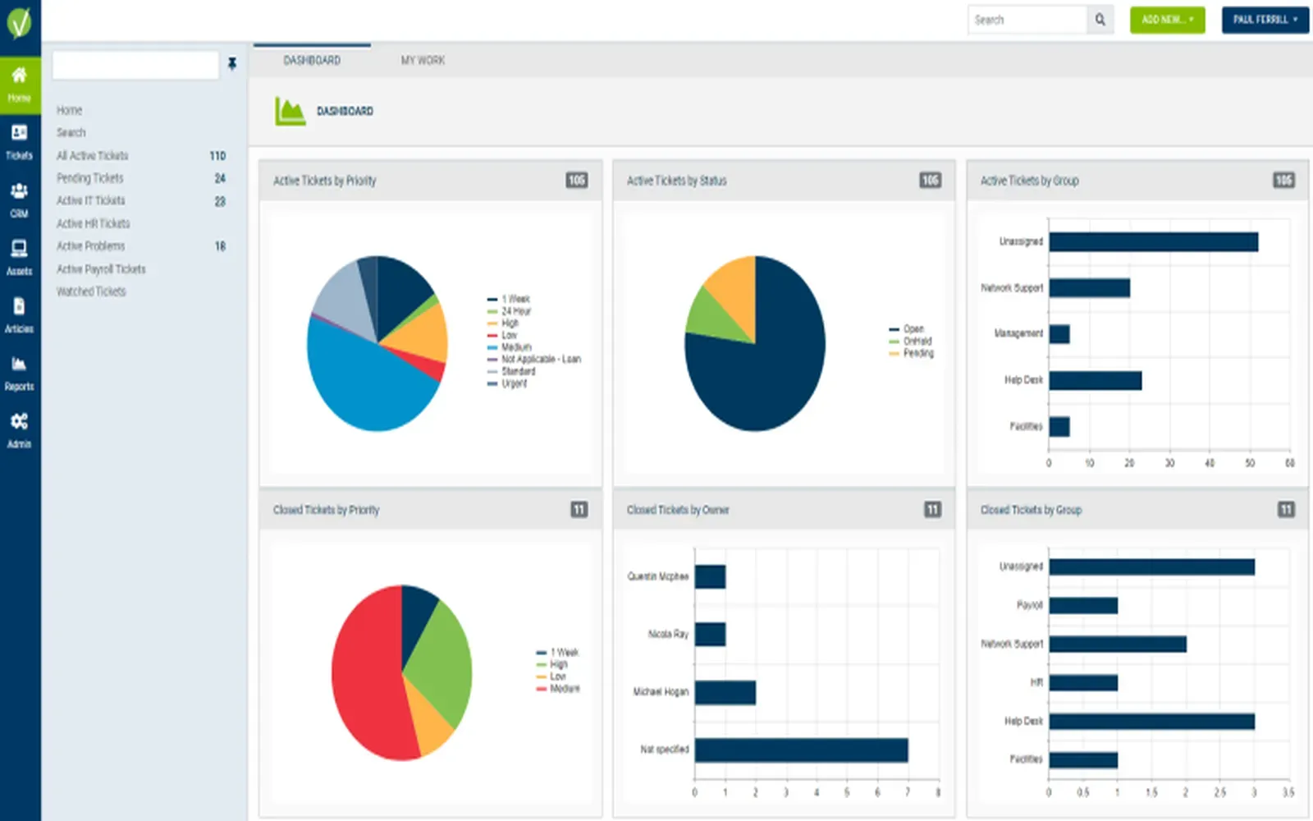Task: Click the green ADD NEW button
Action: coord(1166,20)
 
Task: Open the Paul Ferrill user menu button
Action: coord(1264,20)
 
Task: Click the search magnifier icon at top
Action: coord(1100,20)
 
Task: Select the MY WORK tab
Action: coord(423,60)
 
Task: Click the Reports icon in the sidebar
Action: coord(19,372)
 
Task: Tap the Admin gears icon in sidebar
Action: coord(19,429)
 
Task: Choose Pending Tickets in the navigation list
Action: coord(89,178)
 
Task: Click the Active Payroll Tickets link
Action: coord(100,269)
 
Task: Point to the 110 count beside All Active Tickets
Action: coord(217,156)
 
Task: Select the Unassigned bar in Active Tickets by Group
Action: coord(1153,241)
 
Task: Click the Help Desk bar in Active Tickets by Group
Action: coord(1095,380)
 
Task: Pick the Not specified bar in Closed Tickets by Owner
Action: coord(801,750)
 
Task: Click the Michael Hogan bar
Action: coord(725,692)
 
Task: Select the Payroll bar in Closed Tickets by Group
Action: coord(1083,606)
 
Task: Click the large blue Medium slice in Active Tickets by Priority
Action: coord(361,386)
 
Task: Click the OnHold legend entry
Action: coord(917,341)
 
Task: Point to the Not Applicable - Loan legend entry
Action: coord(540,359)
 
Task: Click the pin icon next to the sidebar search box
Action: coord(232,64)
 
